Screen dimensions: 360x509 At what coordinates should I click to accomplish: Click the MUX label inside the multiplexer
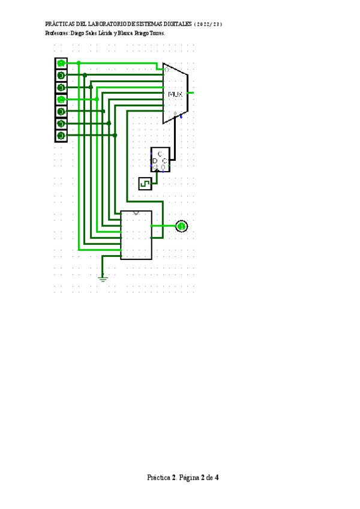[x=175, y=94]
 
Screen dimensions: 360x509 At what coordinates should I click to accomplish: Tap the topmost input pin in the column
[x=61, y=63]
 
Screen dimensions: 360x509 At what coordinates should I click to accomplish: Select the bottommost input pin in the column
[x=61, y=136]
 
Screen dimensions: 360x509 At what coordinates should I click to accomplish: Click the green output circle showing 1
[x=181, y=226]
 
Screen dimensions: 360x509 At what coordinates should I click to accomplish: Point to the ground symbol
[x=103, y=277]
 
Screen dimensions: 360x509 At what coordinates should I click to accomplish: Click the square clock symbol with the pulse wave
[x=145, y=184]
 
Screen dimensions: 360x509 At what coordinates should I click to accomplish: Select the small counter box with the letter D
[x=160, y=160]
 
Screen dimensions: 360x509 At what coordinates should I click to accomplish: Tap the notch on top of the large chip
[x=136, y=212]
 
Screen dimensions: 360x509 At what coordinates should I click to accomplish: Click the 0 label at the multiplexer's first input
[x=166, y=70]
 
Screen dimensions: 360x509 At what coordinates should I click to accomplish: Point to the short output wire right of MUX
[x=191, y=93]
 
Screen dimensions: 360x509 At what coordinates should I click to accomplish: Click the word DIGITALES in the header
[x=174, y=25]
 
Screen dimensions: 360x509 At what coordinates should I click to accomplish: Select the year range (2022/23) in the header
[x=209, y=25]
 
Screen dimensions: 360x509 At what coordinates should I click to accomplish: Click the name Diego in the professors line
[x=79, y=34]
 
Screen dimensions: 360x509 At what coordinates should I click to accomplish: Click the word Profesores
[x=57, y=34]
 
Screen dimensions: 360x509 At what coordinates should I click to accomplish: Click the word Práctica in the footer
[x=159, y=478]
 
